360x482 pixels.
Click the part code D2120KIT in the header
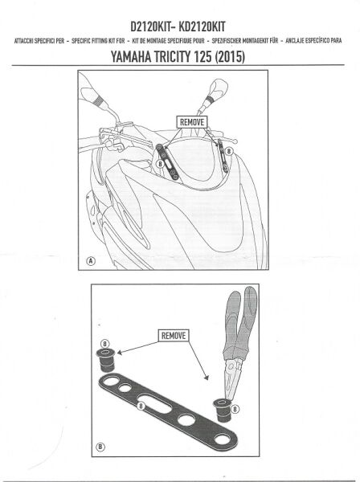pos(145,24)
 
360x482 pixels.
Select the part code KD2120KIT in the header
pos(211,24)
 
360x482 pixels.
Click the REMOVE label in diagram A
pos(192,121)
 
